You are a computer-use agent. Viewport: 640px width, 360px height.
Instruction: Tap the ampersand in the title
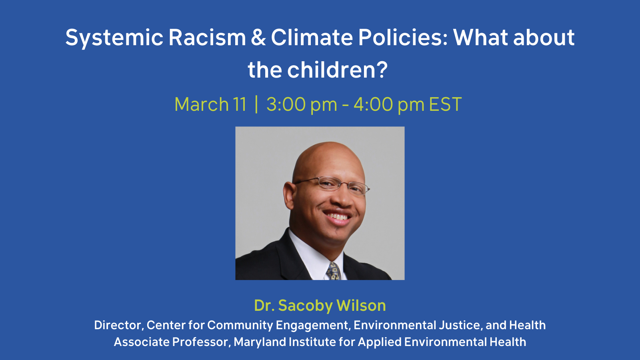258,37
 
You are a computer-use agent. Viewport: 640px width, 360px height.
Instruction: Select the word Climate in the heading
312,37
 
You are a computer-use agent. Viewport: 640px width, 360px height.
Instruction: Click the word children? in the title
338,70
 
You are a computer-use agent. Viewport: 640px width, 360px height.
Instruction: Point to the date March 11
210,104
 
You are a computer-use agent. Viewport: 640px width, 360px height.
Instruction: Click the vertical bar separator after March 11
256,104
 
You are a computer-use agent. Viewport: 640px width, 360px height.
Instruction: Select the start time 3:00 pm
302,104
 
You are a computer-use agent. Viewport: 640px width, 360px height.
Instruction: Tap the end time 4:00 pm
389,104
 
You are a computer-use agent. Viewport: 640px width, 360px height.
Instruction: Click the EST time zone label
445,104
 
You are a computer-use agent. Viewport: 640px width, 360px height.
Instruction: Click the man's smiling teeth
338,216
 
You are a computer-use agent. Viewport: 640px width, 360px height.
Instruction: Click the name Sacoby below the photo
306,305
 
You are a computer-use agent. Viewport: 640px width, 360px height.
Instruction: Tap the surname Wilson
361,305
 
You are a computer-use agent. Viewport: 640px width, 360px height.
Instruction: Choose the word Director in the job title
118,325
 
